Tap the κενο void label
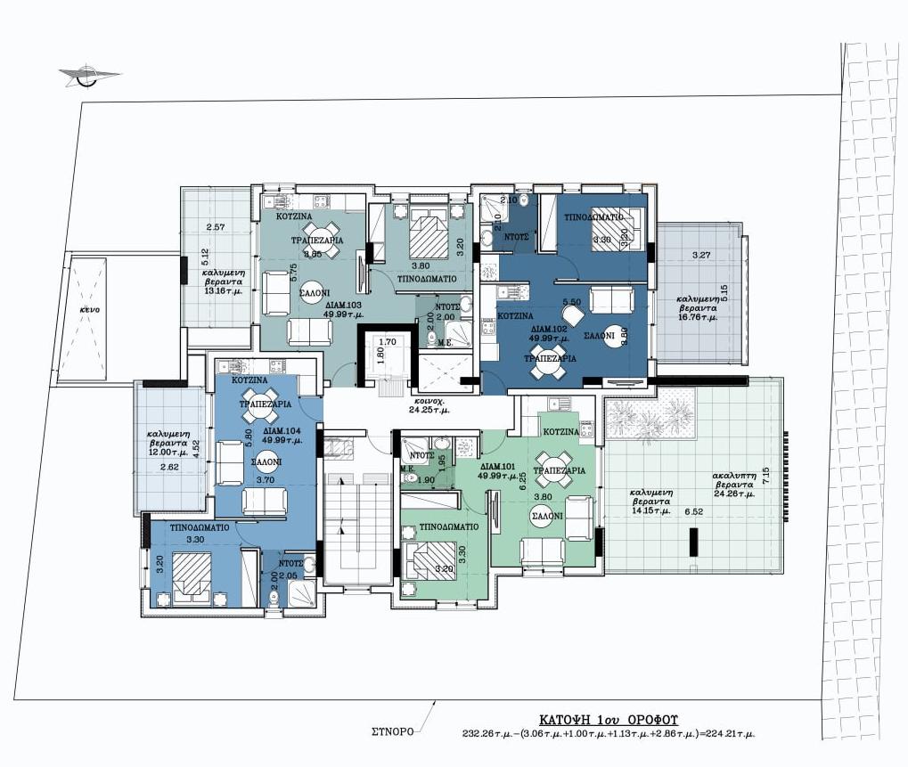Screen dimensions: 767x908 (x=88, y=309)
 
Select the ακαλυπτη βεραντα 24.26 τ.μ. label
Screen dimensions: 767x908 (x=734, y=485)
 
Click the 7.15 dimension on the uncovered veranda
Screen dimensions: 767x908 (x=765, y=470)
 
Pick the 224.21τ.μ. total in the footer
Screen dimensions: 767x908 (x=726, y=734)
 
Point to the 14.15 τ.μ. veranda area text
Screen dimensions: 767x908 (x=650, y=510)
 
